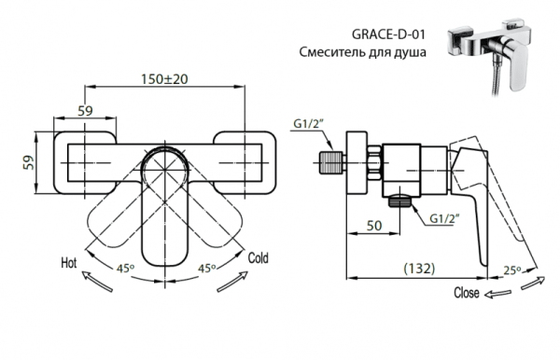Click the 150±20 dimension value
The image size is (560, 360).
coord(168,78)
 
